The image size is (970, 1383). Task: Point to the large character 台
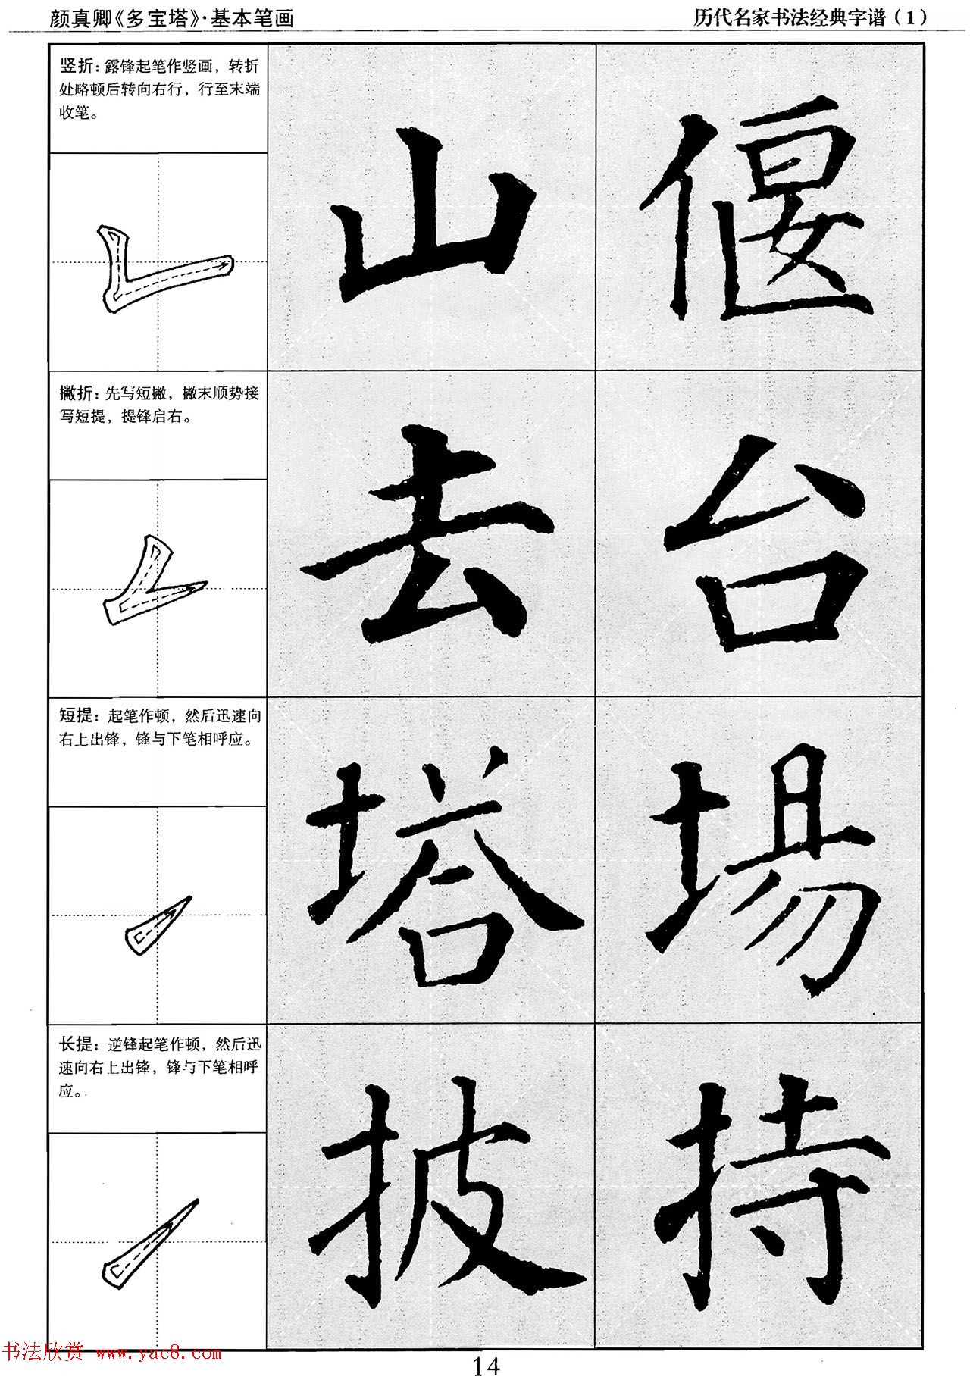point(762,546)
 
